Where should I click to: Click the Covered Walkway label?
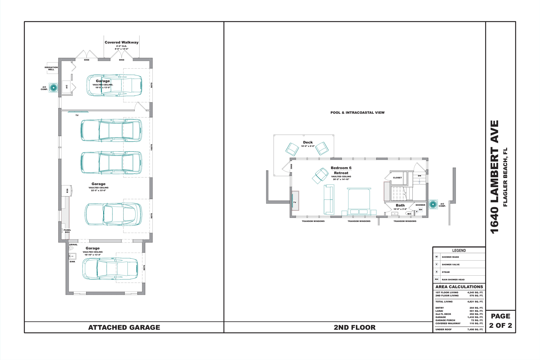pyautogui.click(x=122, y=42)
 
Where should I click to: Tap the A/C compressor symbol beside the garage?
pyautogui.click(x=54, y=88)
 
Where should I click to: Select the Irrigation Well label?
pyautogui.click(x=51, y=68)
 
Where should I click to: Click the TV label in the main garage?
pyautogui.click(x=77, y=115)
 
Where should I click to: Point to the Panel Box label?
pyautogui.click(x=67, y=231)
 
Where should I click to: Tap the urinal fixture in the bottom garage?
pyautogui.click(x=71, y=248)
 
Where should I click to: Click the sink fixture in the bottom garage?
pyautogui.click(x=72, y=256)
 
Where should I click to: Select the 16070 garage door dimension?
pyautogui.click(x=152, y=147)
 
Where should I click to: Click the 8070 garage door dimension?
pyautogui.click(x=144, y=268)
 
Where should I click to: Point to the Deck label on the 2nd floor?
pyautogui.click(x=308, y=142)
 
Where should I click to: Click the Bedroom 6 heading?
pyautogui.click(x=341, y=168)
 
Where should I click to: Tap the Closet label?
pyautogui.click(x=397, y=177)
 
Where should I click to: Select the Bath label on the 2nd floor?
pyautogui.click(x=400, y=205)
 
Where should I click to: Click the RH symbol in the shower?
pyautogui.click(x=421, y=210)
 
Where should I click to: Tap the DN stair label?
pyautogui.click(x=419, y=176)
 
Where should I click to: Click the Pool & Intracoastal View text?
pyautogui.click(x=357, y=113)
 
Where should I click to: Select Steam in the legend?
pyautogui.click(x=446, y=272)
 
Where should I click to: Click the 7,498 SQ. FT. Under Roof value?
pyautogui.click(x=475, y=329)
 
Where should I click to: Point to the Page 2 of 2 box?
pyautogui.click(x=500, y=321)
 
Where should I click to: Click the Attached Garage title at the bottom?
pyautogui.click(x=124, y=327)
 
